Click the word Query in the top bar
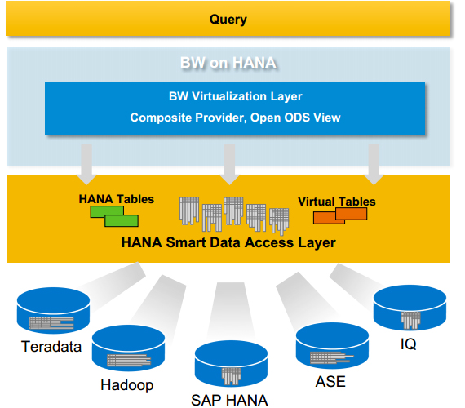tap(228, 20)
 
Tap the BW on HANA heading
tap(228, 63)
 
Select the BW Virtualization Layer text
tap(236, 96)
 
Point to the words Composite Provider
tap(188, 118)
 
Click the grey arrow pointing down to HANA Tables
tap(86, 164)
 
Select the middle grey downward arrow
tap(229, 164)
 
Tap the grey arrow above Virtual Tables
tap(374, 164)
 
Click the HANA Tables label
tap(116, 199)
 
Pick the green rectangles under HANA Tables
tap(114, 216)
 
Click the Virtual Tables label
tap(337, 202)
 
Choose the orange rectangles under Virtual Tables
tap(340, 215)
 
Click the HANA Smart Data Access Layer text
tap(228, 242)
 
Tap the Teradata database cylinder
tap(53, 310)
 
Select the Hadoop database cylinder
tap(128, 348)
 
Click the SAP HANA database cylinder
tap(232, 364)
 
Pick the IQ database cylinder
tap(410, 308)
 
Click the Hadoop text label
tap(127, 385)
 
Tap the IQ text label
tap(409, 344)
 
